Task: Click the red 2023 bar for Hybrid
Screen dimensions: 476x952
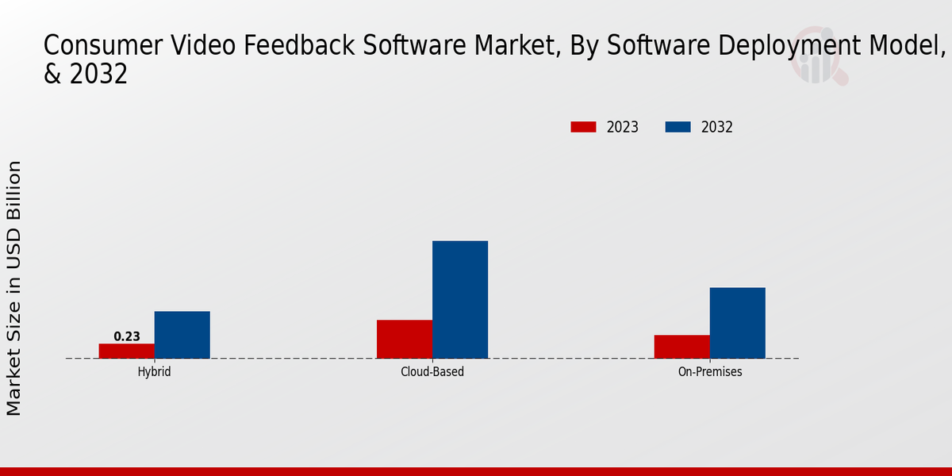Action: point(126,351)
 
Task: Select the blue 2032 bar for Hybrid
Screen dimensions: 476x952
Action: point(182,335)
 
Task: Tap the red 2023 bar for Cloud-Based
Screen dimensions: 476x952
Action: point(405,339)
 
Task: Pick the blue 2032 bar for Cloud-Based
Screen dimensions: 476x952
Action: point(460,299)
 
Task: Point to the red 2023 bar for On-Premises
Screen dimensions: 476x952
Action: point(681,347)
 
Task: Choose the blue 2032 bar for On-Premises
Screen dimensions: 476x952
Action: point(737,323)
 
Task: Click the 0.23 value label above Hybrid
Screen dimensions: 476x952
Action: point(127,336)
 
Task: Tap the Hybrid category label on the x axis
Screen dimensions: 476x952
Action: point(154,371)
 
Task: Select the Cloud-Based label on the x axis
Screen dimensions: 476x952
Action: point(432,371)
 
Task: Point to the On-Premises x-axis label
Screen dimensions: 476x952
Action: point(710,371)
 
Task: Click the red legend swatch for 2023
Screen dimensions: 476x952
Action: point(583,127)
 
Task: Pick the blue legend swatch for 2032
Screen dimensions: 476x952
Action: point(678,127)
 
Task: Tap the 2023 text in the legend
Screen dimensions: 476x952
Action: point(623,127)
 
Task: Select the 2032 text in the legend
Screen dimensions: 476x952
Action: point(717,127)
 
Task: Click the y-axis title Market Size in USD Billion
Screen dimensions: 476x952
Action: point(14,287)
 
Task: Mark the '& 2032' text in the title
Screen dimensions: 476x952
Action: point(86,74)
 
